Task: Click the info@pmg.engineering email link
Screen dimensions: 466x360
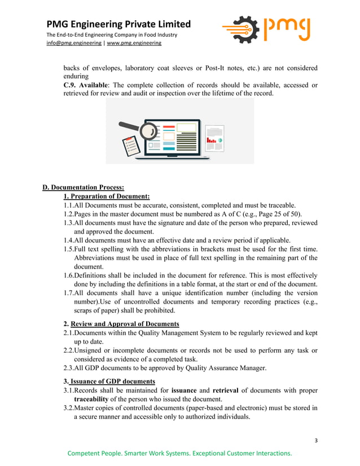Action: click(x=74, y=43)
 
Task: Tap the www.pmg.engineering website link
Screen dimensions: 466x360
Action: click(x=134, y=43)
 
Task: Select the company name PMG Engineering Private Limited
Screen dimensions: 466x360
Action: click(x=118, y=24)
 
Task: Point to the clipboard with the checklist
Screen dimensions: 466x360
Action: click(x=130, y=146)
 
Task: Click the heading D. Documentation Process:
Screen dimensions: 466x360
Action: click(x=84, y=187)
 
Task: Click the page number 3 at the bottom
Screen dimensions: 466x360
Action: click(x=317, y=440)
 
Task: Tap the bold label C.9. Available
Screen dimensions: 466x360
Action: click(x=85, y=85)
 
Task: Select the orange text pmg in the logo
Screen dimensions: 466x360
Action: click(x=288, y=28)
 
